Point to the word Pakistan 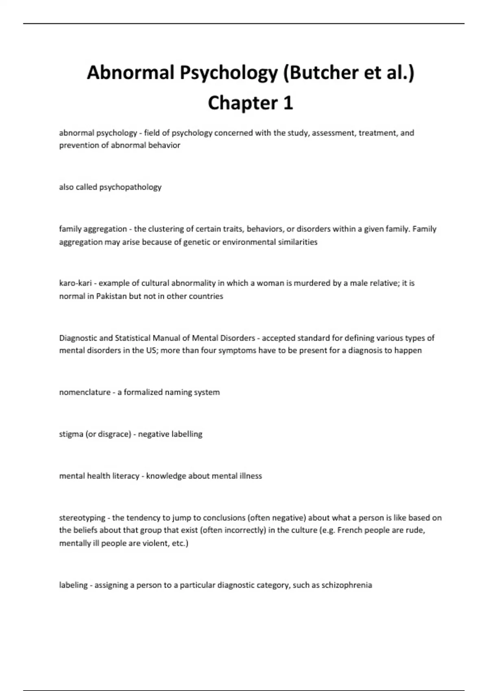point(111,296)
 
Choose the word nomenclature point(85,392)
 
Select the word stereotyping point(82,518)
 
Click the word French point(350,530)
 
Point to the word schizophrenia point(346,585)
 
